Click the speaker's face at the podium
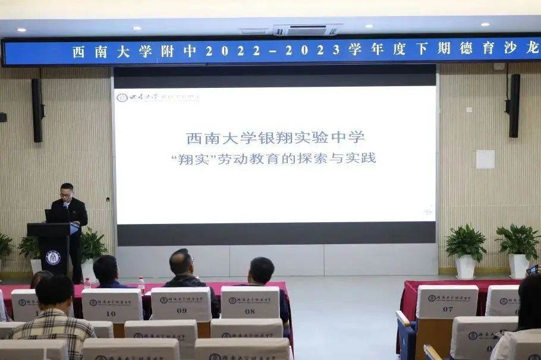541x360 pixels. [x=66, y=192]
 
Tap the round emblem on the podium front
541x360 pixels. [x=53, y=257]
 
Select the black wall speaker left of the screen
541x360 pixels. [x=37, y=110]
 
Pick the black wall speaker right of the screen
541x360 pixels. [x=514, y=105]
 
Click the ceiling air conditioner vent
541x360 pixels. [x=307, y=29]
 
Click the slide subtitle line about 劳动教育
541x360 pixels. [x=273, y=159]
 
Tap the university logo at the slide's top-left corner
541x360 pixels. [x=122, y=97]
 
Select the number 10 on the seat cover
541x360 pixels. [x=111, y=313]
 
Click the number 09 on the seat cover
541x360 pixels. [x=181, y=310]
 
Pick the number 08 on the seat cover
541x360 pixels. [x=250, y=310]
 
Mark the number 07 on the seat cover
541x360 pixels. [x=448, y=309]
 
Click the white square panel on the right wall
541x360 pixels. [x=485, y=159]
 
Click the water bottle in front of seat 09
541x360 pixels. [x=141, y=285]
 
